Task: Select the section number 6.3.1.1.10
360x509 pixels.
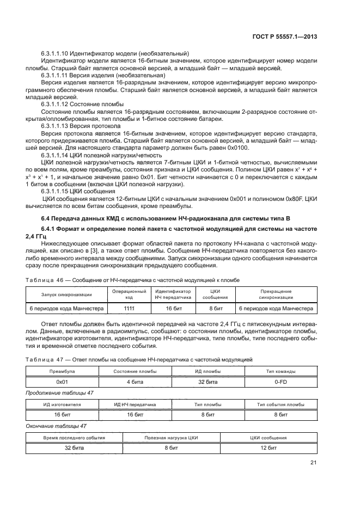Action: coord(60,53)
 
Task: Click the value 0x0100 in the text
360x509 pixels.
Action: coord(235,147)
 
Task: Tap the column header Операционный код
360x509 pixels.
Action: coord(129,295)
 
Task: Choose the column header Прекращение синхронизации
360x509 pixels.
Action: coord(277,295)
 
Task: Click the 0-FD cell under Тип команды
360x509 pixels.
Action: coord(280,382)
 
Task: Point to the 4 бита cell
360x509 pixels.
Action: coord(135,382)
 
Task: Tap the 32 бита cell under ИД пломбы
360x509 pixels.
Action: coord(208,382)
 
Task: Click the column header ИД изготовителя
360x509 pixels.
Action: coord(62,404)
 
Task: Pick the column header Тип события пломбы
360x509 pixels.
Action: coord(280,404)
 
